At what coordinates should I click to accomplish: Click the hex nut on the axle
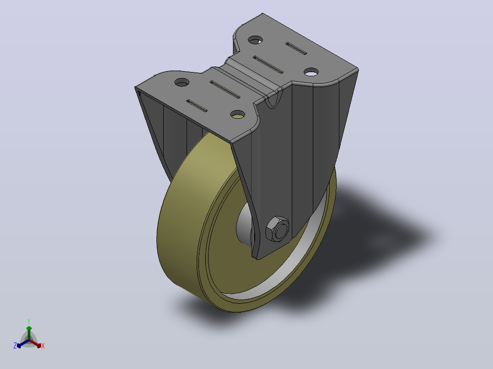coord(277,229)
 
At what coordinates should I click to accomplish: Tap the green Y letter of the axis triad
coord(29,321)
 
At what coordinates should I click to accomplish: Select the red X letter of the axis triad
coord(43,346)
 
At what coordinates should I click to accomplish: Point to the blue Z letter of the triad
coord(15,345)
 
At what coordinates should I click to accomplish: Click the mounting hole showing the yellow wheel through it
coord(237,114)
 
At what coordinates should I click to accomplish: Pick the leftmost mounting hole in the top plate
coord(182,83)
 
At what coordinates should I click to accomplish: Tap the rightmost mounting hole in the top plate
coord(311,72)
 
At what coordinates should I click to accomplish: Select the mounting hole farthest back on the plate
coord(255,40)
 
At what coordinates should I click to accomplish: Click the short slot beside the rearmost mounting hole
coord(296,48)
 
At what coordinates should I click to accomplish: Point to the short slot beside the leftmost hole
coord(197,106)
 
